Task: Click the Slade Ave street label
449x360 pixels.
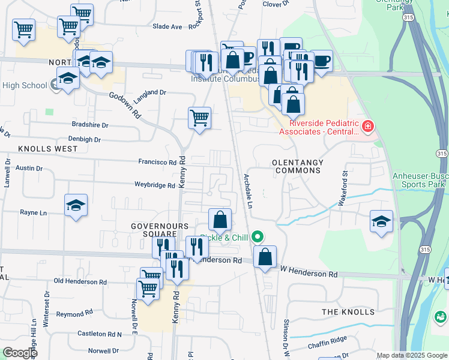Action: pyautogui.click(x=167, y=26)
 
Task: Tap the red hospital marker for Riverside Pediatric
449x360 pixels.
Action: pyautogui.click(x=367, y=127)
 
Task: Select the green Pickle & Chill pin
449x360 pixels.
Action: pyautogui.click(x=258, y=238)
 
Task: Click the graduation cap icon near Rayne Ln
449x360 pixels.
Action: pyautogui.click(x=76, y=205)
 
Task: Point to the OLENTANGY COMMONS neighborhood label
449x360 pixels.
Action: pyautogui.click(x=297, y=166)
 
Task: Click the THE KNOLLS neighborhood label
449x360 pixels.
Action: pyautogui.click(x=348, y=312)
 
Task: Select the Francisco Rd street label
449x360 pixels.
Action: pyautogui.click(x=157, y=162)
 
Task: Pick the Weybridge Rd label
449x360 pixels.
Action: pyautogui.click(x=154, y=185)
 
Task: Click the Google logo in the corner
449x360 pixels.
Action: pyautogui.click(x=19, y=352)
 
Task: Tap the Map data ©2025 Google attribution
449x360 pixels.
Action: pyautogui.click(x=412, y=355)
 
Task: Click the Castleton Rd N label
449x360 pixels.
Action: pyautogui.click(x=100, y=334)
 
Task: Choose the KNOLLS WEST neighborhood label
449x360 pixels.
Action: pyautogui.click(x=47, y=148)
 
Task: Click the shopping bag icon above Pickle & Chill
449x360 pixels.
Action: pyautogui.click(x=220, y=220)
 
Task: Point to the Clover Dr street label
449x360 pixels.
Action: pyautogui.click(x=276, y=4)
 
